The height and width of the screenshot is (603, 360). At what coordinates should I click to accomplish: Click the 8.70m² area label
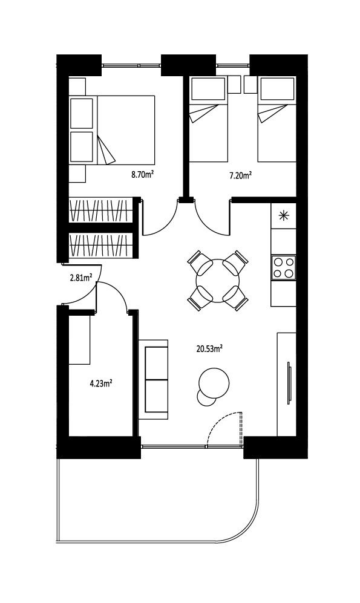(143, 175)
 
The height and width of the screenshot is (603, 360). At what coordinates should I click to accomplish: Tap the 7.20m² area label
(240, 176)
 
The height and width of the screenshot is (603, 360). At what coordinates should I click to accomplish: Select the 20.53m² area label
(209, 349)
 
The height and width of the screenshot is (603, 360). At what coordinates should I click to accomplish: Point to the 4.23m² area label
(101, 383)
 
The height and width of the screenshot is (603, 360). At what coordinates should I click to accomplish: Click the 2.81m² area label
(80, 277)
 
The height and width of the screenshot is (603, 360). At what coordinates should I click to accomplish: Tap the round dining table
(218, 281)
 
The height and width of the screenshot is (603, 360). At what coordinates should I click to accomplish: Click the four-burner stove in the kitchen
(283, 267)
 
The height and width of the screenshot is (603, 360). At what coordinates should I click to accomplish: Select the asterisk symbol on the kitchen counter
(283, 216)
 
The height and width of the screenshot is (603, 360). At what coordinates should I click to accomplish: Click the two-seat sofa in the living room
(153, 379)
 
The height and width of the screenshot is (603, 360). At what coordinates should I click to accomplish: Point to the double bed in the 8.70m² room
(112, 130)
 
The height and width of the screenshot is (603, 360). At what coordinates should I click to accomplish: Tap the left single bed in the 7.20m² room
(208, 119)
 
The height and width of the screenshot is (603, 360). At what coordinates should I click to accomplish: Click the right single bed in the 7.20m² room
(277, 119)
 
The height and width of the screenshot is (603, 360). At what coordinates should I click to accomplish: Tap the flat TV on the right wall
(289, 383)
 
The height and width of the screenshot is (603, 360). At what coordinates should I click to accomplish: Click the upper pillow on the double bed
(82, 114)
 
